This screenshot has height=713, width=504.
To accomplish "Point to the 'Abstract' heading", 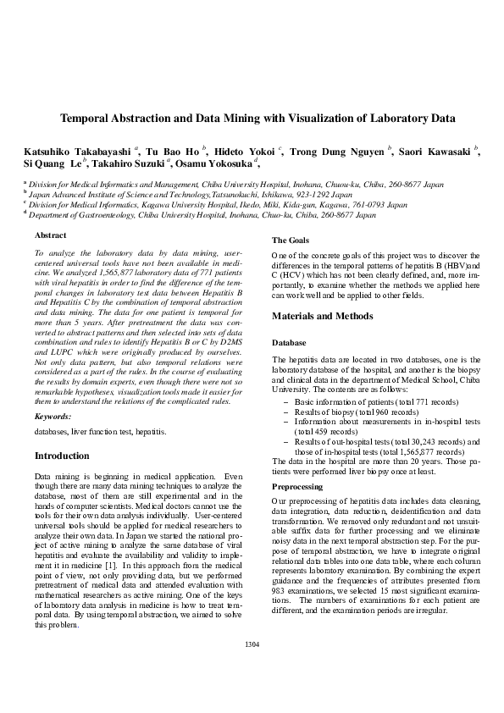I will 49,235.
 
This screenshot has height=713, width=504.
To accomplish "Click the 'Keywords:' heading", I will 52,417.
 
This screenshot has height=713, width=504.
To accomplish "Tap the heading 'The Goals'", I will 290,241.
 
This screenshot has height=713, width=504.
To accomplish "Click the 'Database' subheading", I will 289,343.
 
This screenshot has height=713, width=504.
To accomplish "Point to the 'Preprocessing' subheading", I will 296,487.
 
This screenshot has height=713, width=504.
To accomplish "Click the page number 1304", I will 252,645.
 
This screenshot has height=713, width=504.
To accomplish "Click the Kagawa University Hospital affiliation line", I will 218,204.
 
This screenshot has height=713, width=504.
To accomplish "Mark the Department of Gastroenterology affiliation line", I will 202,215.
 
